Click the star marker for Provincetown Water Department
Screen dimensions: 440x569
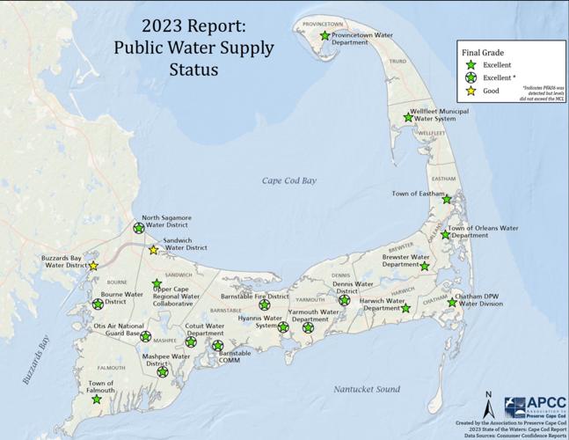coord(325,36)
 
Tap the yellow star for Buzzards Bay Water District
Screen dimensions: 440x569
coord(93,265)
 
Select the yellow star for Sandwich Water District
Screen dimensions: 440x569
coord(153,250)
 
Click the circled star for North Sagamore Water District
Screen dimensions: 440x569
coord(138,227)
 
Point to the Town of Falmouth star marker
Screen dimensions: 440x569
coord(96,400)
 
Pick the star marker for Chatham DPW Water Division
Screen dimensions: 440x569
coord(452,303)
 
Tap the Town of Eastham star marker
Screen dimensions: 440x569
coord(447,200)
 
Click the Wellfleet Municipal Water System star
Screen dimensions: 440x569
coord(407,118)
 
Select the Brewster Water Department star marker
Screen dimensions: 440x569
coord(425,266)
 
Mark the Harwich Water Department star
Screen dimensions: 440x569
coord(405,309)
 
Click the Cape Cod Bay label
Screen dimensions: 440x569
coord(290,180)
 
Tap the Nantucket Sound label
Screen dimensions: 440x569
coord(367,389)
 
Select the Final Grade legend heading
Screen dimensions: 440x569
coord(484,52)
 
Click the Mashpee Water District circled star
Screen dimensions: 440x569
coord(162,372)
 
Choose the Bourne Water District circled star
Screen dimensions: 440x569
coord(98,304)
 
